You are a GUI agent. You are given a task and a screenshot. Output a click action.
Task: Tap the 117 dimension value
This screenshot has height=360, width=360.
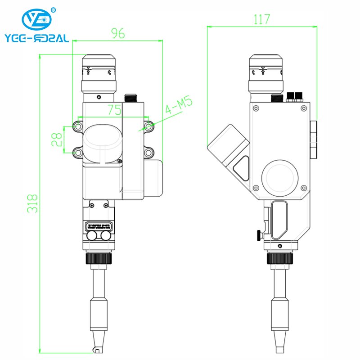click(x=261, y=19)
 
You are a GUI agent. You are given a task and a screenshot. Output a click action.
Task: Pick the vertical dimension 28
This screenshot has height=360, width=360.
click(x=57, y=139)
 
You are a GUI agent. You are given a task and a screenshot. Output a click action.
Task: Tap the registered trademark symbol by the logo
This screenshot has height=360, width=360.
click(x=54, y=9)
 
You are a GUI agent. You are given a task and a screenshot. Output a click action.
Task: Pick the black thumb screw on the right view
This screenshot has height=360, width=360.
click(x=259, y=234)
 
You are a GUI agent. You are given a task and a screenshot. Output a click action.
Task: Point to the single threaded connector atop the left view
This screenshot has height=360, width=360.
click(x=131, y=97)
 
